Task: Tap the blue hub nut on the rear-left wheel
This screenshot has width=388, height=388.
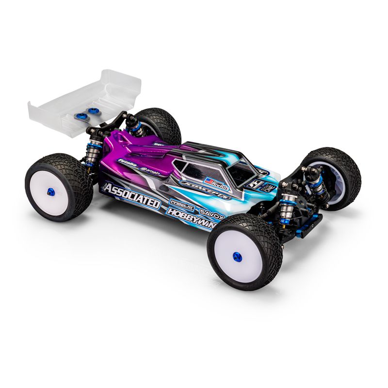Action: pos(51,192)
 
